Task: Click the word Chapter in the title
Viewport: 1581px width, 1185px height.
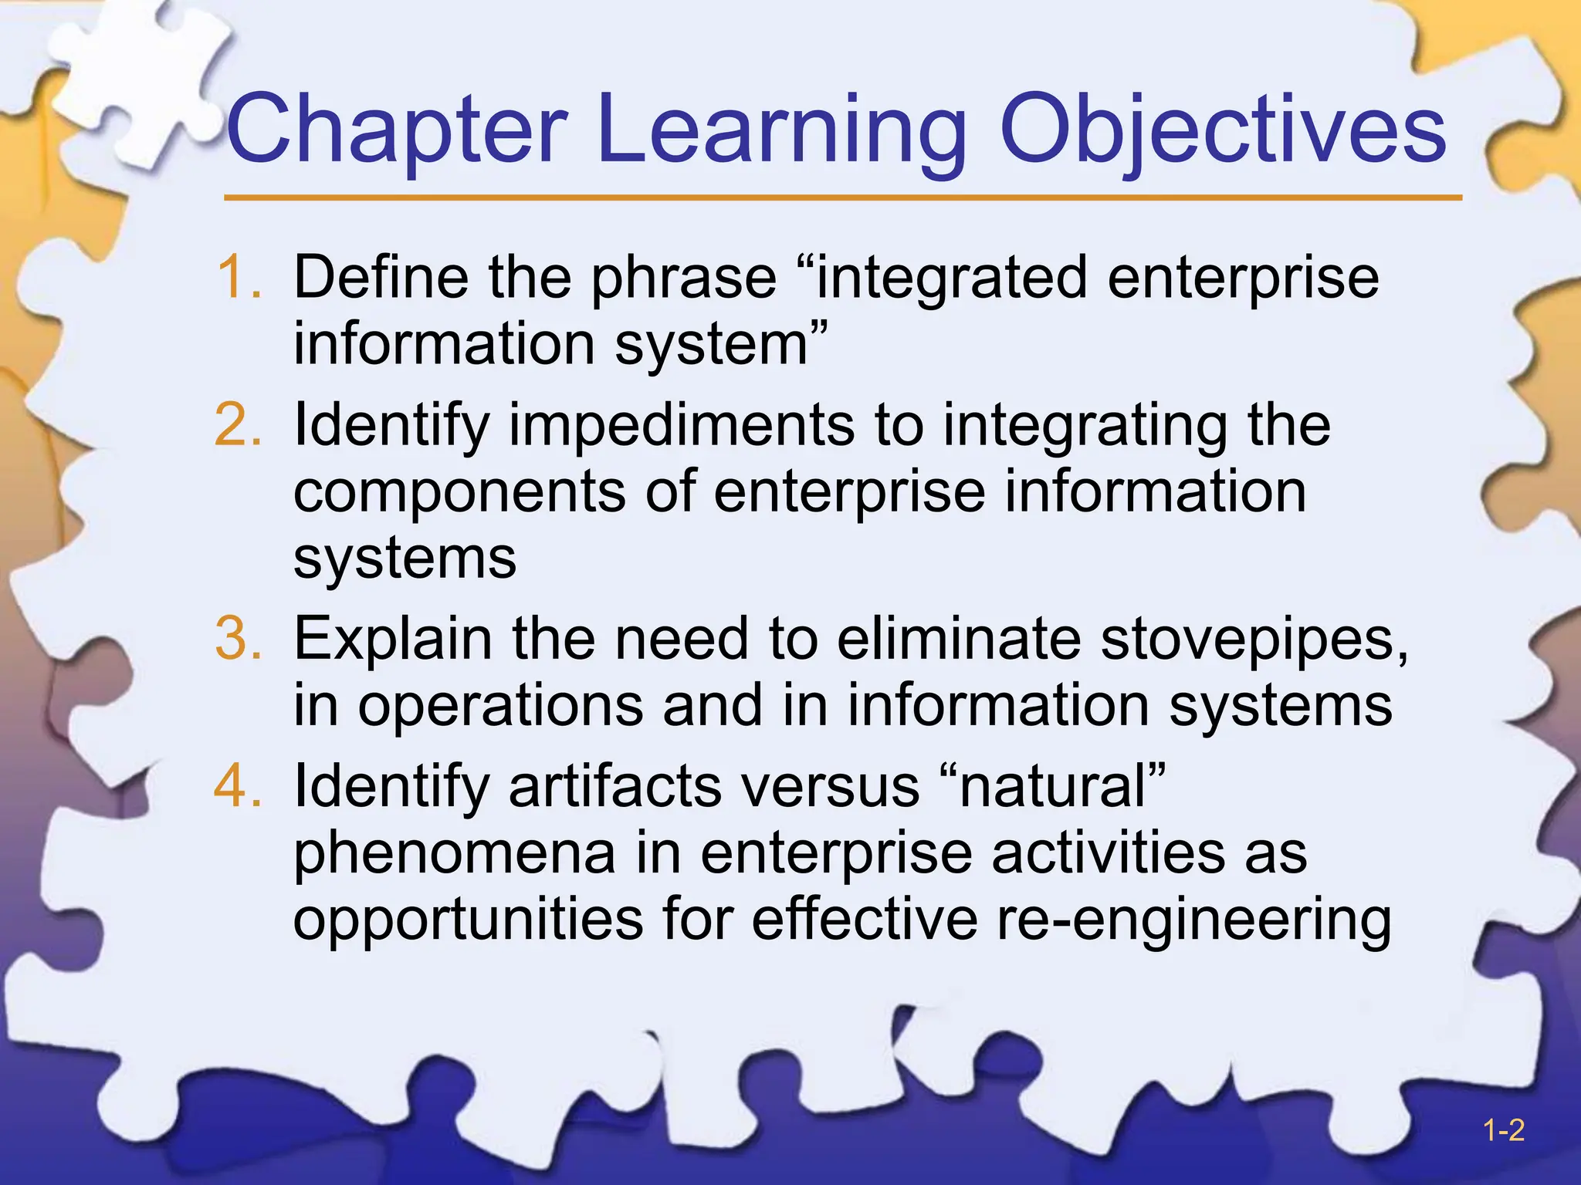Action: tap(398, 130)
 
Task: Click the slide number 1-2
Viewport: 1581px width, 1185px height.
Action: tap(1503, 1131)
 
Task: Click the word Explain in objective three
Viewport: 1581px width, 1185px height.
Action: tap(392, 640)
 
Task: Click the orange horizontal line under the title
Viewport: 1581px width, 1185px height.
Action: tap(841, 198)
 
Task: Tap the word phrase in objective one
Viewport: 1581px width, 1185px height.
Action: tap(683, 278)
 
